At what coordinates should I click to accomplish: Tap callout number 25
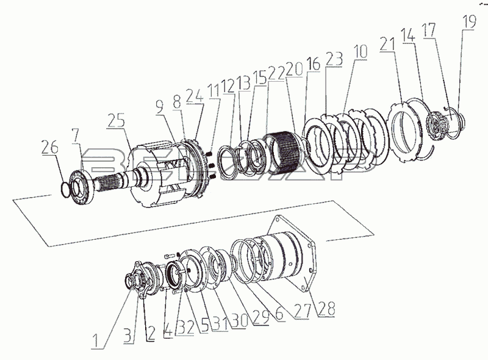click(x=116, y=121)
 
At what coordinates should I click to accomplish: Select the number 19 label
click(x=469, y=22)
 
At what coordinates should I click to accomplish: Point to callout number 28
click(x=327, y=309)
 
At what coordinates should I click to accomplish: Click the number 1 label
click(x=97, y=341)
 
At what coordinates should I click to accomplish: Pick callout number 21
click(x=387, y=45)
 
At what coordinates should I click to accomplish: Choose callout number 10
click(x=361, y=52)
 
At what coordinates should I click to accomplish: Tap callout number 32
click(x=185, y=327)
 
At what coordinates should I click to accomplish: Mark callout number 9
click(x=160, y=106)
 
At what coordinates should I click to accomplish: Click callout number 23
click(x=334, y=59)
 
